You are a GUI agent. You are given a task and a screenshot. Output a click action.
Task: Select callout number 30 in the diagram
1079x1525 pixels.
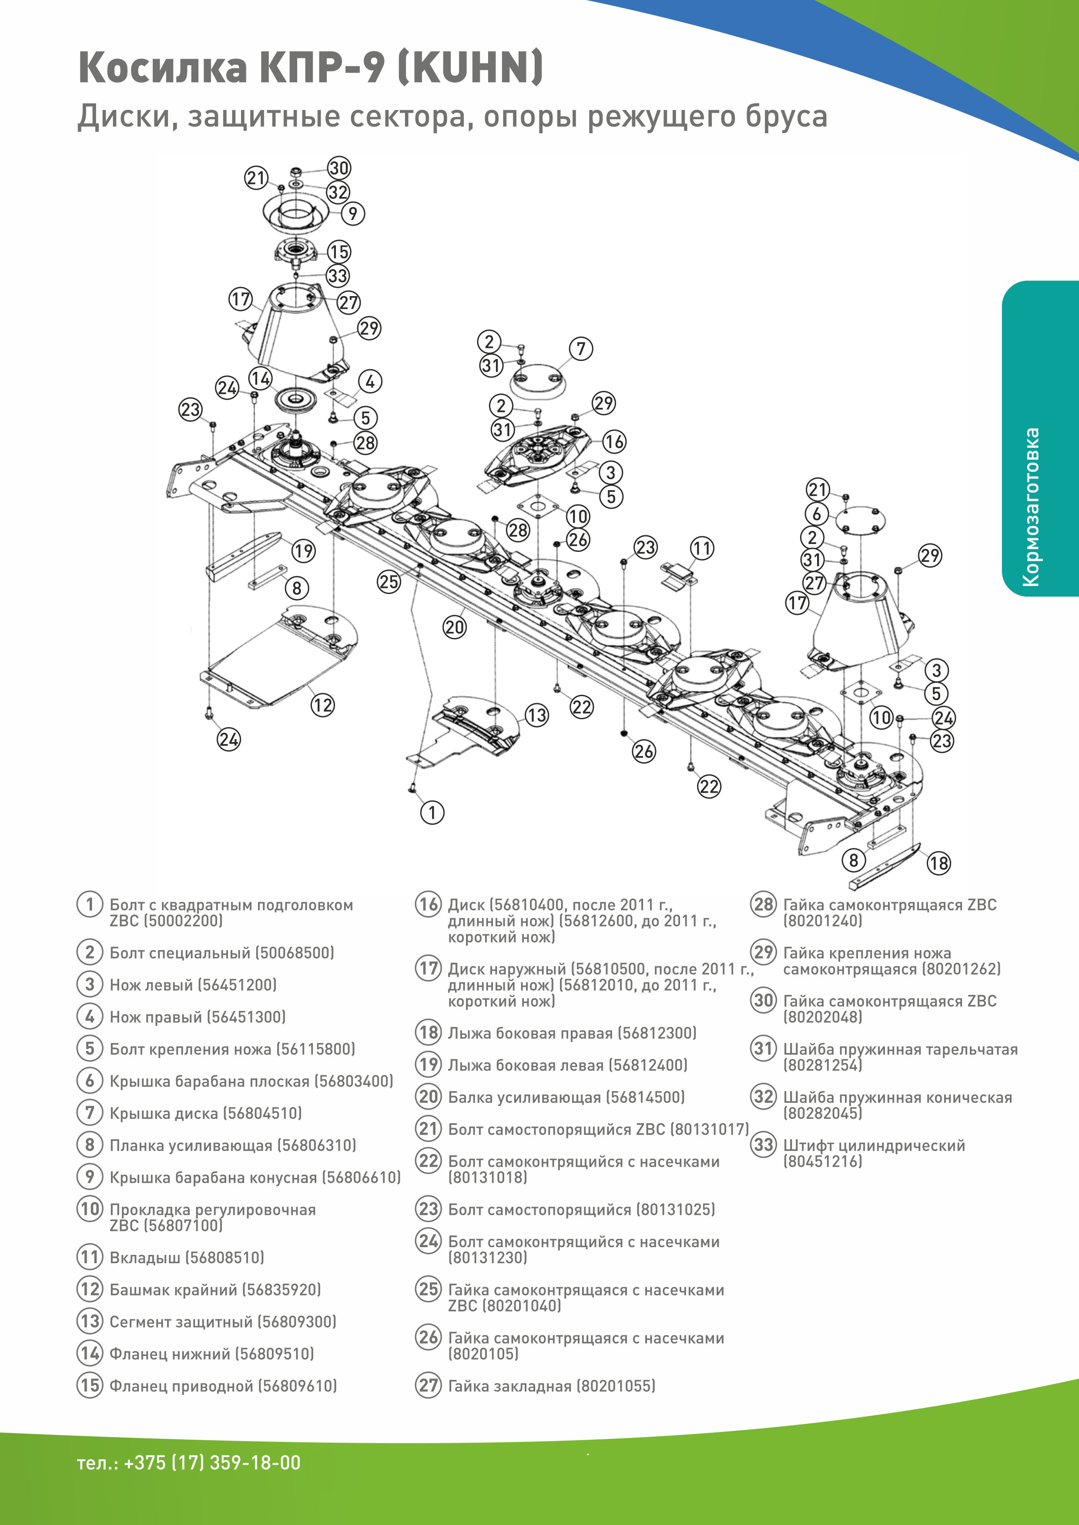[339, 168]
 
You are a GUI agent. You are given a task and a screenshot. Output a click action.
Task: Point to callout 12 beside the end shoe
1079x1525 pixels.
[322, 705]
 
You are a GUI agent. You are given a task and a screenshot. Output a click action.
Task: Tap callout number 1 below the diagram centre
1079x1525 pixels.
[432, 812]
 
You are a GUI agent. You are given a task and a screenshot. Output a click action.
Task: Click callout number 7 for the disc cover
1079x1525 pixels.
[581, 349]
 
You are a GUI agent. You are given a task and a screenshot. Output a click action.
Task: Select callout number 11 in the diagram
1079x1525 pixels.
[702, 549]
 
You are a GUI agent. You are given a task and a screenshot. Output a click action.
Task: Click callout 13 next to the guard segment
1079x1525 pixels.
[537, 715]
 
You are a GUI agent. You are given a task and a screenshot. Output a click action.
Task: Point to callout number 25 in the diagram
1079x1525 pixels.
[389, 582]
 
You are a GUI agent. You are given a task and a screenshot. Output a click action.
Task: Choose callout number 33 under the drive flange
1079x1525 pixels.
[338, 276]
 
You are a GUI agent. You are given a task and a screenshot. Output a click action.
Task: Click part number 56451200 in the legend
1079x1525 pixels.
[237, 984]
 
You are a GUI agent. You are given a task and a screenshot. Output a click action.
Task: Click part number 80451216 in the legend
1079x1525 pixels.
[823, 1161]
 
